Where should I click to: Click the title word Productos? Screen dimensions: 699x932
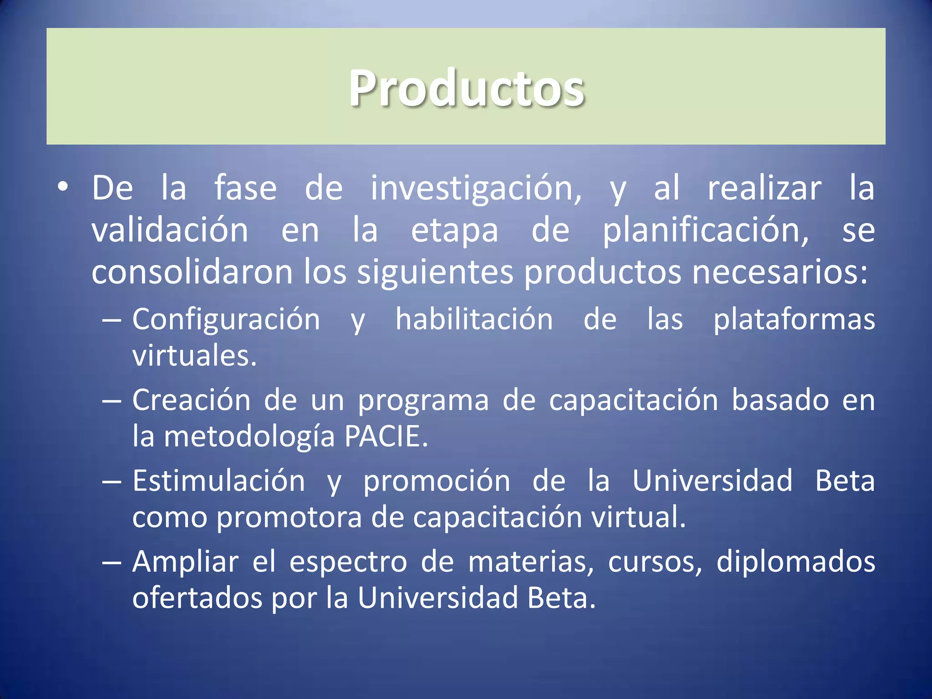click(466, 88)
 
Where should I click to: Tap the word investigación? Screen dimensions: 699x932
click(476, 188)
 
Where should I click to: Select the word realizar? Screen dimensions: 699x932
click(765, 188)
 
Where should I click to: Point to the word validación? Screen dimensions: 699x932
click(170, 230)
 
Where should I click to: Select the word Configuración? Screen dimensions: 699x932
click(226, 320)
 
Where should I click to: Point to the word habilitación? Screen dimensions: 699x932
click(474, 319)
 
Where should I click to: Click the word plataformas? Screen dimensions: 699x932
click(794, 320)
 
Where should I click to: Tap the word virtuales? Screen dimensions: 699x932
click(195, 356)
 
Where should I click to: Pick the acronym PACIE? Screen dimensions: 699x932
click(386, 437)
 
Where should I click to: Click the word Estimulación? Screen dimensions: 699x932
click(219, 481)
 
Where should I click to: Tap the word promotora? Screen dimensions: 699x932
click(289, 518)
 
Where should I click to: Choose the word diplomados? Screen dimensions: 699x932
click(795, 562)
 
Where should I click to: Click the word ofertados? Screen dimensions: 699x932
click(197, 598)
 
